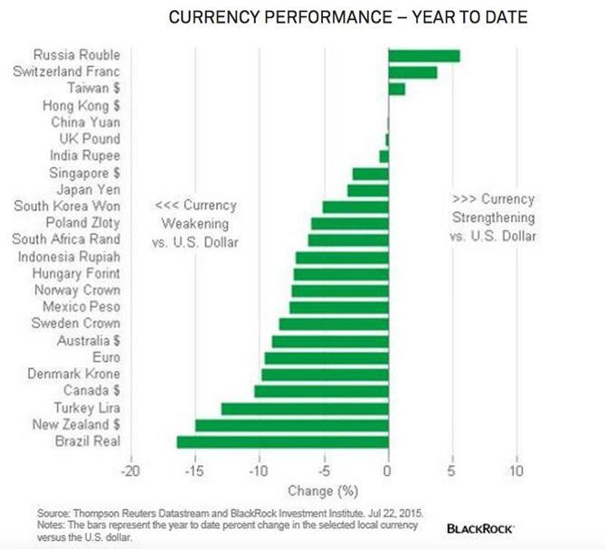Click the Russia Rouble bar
pyautogui.click(x=423, y=55)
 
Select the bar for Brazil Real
pyautogui.click(x=282, y=441)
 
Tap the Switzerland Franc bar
pyautogui.click(x=412, y=72)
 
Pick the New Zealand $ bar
pyautogui.click(x=291, y=425)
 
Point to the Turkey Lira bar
pyautogui.click(x=305, y=408)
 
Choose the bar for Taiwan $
pyautogui.click(x=396, y=89)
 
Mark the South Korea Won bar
pyautogui.click(x=355, y=206)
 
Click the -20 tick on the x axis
pyautogui.click(x=131, y=470)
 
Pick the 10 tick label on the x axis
pyautogui.click(x=516, y=470)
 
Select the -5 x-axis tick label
pyautogui.click(x=324, y=470)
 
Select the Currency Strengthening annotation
pyautogui.click(x=492, y=218)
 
